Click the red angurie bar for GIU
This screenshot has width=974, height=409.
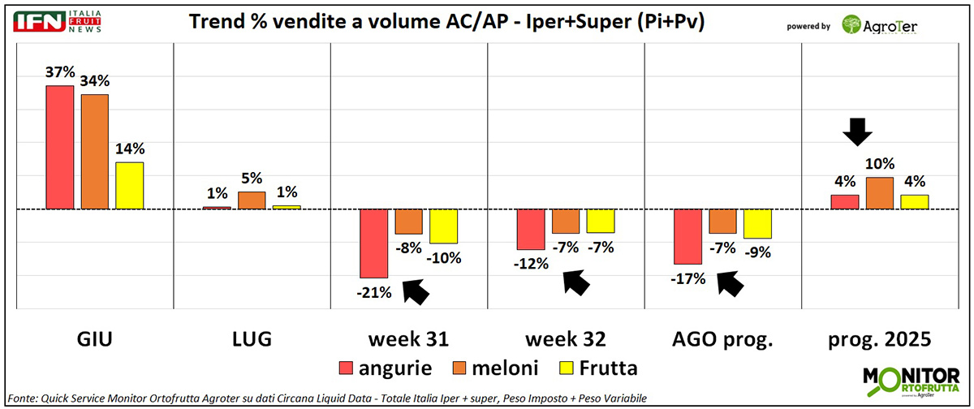pos(59,147)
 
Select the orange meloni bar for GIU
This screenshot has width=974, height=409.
pos(94,152)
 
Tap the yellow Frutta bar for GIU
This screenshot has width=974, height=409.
pos(129,185)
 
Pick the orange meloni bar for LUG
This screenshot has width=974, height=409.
pos(252,200)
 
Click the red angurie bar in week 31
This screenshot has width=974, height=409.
pos(375,243)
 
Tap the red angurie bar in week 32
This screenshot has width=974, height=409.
pos(532,229)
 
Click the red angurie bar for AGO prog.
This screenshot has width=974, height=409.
pos(689,237)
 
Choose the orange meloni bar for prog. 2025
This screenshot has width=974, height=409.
pos(880,193)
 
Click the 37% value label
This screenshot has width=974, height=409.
pos(60,72)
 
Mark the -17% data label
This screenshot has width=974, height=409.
pos(689,278)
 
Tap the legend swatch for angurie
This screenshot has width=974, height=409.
pos(347,368)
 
